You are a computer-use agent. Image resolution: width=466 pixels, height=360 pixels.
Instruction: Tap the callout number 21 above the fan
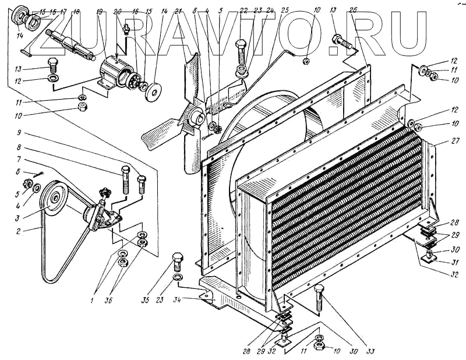(178, 12)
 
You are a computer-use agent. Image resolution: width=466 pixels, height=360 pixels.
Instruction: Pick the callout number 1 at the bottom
(92, 301)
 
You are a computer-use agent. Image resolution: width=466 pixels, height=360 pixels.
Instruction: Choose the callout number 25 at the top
(284, 10)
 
